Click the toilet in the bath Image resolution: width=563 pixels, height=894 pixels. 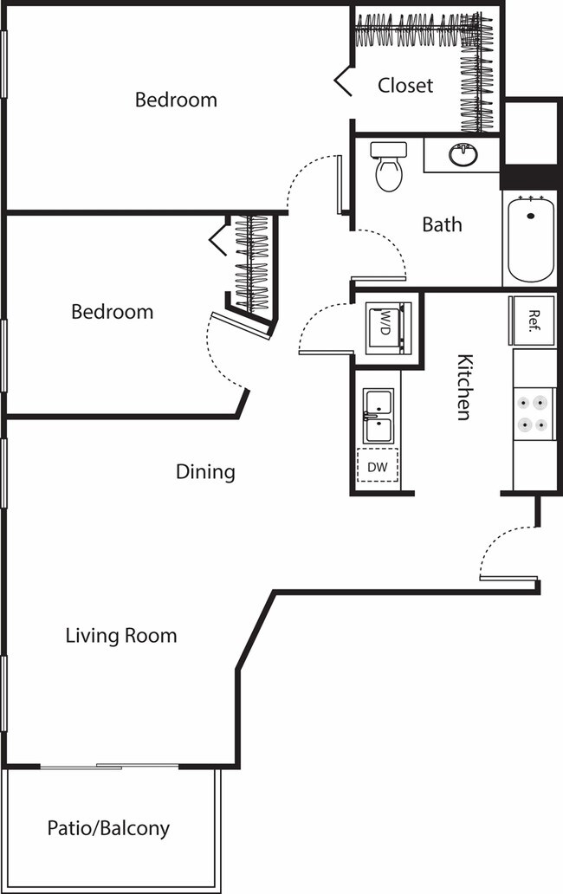coord(388,166)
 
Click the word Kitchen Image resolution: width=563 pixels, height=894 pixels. coord(464,387)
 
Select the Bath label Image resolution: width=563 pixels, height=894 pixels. coord(442,224)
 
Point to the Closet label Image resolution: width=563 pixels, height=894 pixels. coord(405,86)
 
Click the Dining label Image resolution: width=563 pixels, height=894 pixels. coord(205,472)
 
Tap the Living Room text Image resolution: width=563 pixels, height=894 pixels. coord(121,635)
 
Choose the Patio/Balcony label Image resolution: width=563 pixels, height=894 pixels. coord(108,828)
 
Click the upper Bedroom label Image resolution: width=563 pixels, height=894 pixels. coord(176,100)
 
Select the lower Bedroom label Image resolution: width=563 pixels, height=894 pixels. coord(112,311)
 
